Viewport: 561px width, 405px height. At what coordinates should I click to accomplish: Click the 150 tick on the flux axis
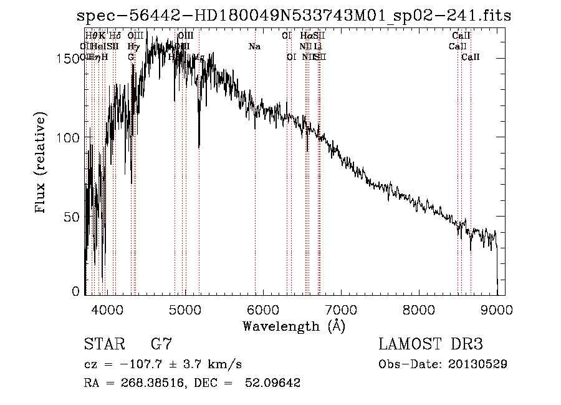coord(70,58)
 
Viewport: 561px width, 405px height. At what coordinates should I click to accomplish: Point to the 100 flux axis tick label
coord(70,137)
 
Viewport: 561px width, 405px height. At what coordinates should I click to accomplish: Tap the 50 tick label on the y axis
coord(74,217)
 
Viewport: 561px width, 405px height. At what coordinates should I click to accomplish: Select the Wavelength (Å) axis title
coord(294,326)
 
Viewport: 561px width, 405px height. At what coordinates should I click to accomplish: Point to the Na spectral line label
coord(254,47)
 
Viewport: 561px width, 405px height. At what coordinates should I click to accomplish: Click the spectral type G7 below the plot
coord(161,344)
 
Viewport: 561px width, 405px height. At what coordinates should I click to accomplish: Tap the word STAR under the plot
coord(104,344)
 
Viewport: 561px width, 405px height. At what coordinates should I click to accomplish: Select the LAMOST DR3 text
coord(430,344)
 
